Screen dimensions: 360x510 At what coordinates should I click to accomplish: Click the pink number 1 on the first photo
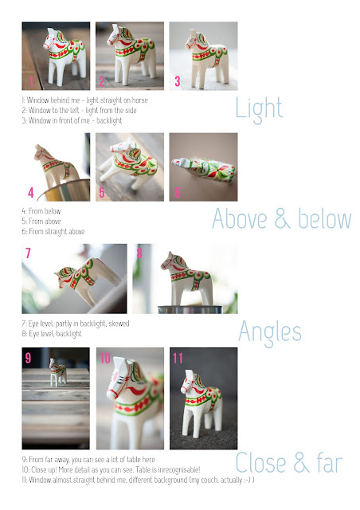[31, 81]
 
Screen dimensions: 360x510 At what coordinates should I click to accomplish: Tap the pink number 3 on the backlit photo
[178, 81]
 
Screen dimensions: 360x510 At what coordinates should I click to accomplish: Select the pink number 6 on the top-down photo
[178, 192]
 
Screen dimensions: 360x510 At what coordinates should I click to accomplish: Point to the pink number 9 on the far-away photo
[29, 358]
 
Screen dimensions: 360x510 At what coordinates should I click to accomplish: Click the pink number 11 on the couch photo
[178, 359]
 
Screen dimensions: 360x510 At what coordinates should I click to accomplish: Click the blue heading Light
[259, 108]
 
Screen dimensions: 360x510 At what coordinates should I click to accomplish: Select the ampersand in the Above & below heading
[282, 219]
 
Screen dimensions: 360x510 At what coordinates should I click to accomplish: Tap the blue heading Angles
[270, 332]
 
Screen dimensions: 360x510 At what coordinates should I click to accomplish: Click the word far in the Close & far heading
[330, 462]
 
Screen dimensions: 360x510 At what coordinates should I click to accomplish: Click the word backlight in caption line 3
[109, 120]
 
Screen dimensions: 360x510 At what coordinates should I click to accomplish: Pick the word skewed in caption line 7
[119, 324]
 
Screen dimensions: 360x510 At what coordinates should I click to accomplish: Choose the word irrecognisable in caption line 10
[178, 470]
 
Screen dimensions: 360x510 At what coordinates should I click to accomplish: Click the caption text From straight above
[57, 232]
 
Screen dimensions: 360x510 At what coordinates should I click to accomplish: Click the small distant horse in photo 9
[57, 372]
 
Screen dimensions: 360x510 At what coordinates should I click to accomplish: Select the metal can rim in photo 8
[190, 308]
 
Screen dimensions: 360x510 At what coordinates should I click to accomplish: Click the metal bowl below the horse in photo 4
[65, 190]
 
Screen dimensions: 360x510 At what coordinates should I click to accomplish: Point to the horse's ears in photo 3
[193, 33]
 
